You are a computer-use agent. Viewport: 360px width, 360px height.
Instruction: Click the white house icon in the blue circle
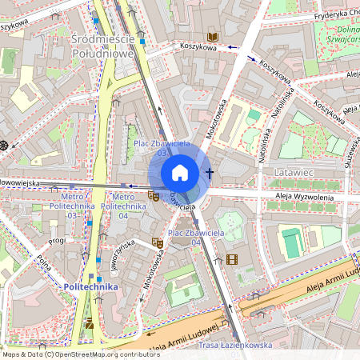[180, 173]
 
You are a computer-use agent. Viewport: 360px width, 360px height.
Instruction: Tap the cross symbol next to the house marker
[210, 173]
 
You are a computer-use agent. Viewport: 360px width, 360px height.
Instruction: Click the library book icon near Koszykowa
[213, 37]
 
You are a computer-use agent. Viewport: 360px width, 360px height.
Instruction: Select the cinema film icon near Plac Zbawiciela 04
[232, 258]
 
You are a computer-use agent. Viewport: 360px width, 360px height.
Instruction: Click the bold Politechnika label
[90, 286]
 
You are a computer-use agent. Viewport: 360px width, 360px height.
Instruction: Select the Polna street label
[44, 263]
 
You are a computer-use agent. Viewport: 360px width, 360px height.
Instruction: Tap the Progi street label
[57, 240]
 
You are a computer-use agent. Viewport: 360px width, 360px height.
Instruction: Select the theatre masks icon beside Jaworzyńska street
[158, 242]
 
